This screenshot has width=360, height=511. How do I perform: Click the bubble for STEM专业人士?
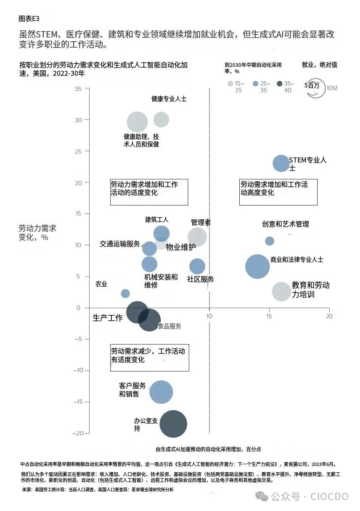coord(281,163)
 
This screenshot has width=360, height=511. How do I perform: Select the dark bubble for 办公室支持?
coord(173,423)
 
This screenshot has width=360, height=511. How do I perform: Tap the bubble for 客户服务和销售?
coord(161,392)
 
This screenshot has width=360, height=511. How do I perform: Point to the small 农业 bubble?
coord(125,293)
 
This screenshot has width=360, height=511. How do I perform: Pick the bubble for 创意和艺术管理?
coord(270,241)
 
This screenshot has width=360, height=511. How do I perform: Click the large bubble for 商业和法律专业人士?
coord(257,266)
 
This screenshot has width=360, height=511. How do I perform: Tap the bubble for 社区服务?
coord(197,266)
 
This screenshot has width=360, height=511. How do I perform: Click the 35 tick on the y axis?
coord(78,89)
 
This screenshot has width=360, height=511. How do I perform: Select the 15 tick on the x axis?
coord(269,316)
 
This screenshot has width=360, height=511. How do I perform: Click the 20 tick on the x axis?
coord(329,316)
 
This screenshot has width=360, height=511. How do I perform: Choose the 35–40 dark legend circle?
coord(279,84)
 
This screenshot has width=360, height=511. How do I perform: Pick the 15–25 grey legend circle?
coord(230,84)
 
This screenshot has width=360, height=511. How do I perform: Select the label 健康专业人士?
coord(169,99)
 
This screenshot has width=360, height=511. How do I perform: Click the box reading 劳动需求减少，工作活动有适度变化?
coord(149,356)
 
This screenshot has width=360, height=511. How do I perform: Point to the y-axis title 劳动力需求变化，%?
coord(37,233)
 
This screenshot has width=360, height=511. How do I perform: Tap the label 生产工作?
coord(108,318)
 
